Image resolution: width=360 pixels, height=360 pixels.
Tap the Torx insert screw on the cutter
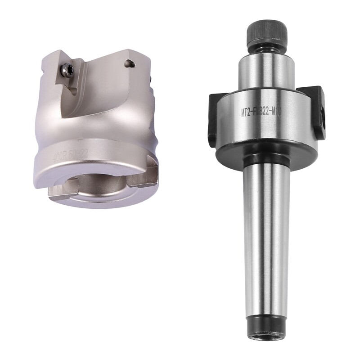67,69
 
